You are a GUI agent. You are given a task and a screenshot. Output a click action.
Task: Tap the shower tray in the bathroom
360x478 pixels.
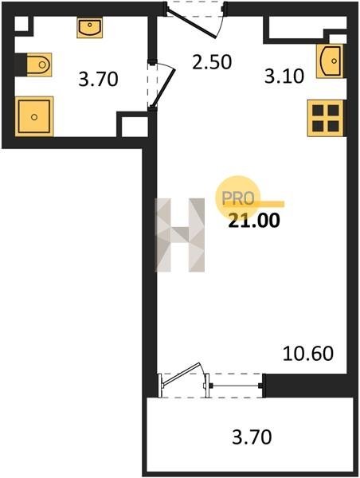(x=34, y=116)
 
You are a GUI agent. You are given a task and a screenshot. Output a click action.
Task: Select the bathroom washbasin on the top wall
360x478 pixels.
(x=89, y=27)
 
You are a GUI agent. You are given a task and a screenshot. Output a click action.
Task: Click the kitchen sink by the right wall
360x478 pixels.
(x=330, y=61)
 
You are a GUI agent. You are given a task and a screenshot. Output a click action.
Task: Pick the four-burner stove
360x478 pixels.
(x=326, y=118)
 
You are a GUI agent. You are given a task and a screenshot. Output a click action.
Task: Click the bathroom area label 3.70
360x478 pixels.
(x=98, y=79)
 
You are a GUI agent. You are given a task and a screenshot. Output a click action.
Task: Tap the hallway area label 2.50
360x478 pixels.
(x=212, y=61)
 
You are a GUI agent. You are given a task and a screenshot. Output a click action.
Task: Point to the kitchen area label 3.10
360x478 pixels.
(x=284, y=76)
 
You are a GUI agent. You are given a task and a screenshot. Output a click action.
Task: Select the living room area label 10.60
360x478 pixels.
(x=308, y=354)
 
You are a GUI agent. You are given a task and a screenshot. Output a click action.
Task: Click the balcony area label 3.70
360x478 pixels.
(x=252, y=437)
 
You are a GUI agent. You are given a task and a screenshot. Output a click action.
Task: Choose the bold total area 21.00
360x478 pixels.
(x=254, y=221)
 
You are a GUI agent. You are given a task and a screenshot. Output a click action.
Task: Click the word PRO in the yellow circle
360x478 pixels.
(x=238, y=198)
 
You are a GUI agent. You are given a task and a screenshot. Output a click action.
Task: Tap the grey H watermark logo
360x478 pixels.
(x=180, y=235)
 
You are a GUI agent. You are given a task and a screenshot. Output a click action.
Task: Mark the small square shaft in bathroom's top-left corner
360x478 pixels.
(x=22, y=23)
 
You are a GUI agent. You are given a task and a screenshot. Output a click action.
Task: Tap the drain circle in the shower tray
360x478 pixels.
(x=34, y=117)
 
